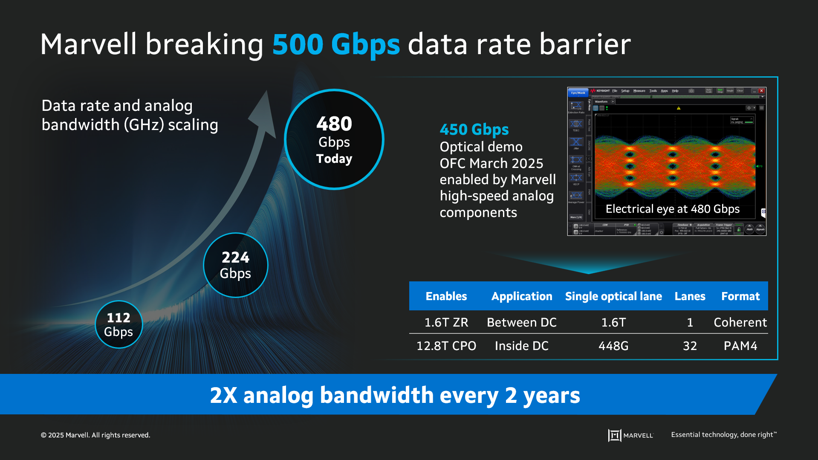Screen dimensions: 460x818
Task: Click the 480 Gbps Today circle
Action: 334,139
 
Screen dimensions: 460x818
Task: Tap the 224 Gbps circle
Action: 235,265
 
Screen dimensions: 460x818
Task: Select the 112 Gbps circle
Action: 119,324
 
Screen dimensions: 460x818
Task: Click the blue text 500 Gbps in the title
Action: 336,44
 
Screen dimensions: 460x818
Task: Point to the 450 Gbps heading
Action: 474,129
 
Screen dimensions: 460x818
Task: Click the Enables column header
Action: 446,296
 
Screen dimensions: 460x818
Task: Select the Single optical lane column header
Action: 613,296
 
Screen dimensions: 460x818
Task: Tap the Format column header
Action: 740,296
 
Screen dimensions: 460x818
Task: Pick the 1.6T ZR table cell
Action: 446,322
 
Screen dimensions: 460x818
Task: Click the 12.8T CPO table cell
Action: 446,346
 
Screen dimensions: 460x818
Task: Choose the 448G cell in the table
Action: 613,346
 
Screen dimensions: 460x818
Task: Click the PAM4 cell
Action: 740,346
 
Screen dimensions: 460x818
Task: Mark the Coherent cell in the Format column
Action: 740,322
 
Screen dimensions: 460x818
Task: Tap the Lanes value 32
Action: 690,346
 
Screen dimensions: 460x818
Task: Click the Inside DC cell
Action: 521,346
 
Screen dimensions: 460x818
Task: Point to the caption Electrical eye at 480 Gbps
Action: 672,209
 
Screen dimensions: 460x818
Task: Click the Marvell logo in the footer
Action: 630,435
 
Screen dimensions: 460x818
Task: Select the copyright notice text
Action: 95,435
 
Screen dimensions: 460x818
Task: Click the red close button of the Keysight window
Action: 761,91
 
